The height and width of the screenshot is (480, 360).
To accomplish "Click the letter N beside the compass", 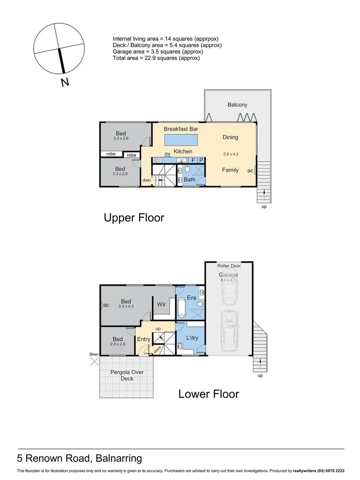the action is (x=65, y=82).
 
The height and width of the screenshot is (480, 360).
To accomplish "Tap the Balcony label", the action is (x=237, y=105).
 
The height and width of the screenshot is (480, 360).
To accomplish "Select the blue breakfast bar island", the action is (x=181, y=140).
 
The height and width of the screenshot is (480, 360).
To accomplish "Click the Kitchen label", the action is (x=183, y=151).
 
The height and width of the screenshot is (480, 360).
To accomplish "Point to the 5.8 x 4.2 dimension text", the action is (x=231, y=154).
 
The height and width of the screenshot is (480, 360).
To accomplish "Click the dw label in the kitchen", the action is (x=168, y=154).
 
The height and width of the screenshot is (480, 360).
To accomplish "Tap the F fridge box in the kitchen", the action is (x=193, y=160).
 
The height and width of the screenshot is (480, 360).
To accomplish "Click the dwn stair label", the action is (x=147, y=180).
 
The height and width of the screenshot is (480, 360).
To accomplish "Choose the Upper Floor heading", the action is (x=134, y=218).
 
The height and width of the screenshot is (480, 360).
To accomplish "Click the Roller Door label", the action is (x=229, y=266).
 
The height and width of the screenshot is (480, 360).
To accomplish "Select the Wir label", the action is (x=161, y=304).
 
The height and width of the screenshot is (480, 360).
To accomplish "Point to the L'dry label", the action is (x=192, y=338).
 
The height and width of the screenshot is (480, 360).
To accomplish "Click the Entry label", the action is (x=144, y=339).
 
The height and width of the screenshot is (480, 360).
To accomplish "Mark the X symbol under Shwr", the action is (x=95, y=361).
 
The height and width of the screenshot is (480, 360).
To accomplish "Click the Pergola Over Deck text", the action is (x=127, y=375).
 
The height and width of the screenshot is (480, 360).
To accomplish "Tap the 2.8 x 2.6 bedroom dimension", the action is (x=118, y=344).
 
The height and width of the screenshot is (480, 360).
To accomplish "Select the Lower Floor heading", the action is (x=209, y=394).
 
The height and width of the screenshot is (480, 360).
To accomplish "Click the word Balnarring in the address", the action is (x=119, y=458).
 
